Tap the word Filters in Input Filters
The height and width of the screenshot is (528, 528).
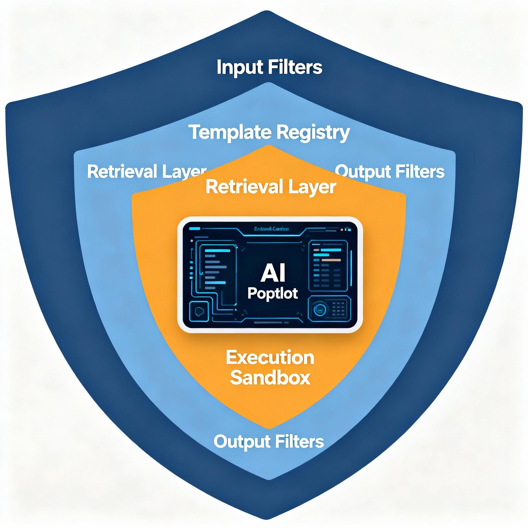295,67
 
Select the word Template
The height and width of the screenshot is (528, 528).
231,132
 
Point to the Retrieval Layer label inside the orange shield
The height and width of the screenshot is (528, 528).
270,187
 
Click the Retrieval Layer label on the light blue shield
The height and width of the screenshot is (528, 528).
146,172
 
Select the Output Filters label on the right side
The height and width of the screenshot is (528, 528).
390,172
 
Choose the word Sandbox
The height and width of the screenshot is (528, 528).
270,378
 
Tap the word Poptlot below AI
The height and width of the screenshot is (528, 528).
273,293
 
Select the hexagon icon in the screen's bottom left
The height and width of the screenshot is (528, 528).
199,311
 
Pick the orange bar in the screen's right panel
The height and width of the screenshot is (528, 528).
331,260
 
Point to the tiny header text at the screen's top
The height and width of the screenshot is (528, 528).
271,229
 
